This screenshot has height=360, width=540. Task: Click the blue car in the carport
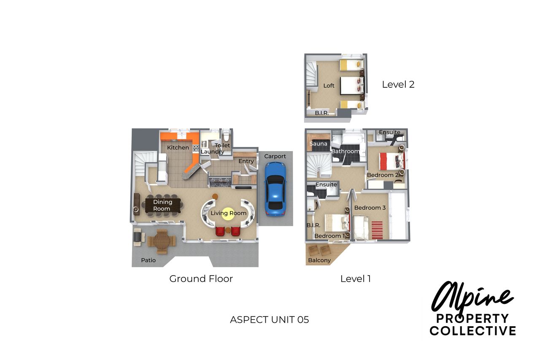[x=275, y=189]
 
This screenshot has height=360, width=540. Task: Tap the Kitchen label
[x=178, y=148]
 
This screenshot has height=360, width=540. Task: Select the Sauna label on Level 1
[x=319, y=144]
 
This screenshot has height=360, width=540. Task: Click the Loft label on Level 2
[x=329, y=86]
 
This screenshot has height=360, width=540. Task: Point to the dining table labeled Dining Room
[x=163, y=206]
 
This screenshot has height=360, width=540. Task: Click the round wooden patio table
[x=162, y=241]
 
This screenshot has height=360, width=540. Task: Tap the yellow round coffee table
[x=228, y=214]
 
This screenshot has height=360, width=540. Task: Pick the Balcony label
[x=319, y=260]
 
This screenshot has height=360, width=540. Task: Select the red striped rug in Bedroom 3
[x=377, y=230]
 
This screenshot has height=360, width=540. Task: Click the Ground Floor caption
[x=201, y=279]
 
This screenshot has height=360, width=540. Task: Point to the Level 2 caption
[x=398, y=84]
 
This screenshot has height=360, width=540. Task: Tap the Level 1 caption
[x=356, y=279]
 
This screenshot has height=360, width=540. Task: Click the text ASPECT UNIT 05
[x=269, y=320]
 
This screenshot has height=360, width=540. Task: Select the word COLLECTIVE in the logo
[x=473, y=331]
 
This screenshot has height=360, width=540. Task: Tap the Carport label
[x=275, y=156]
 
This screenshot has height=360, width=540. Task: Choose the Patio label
[x=148, y=260]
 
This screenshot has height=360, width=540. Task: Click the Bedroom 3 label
[x=370, y=208]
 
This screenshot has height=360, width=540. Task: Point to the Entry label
[x=246, y=161]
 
